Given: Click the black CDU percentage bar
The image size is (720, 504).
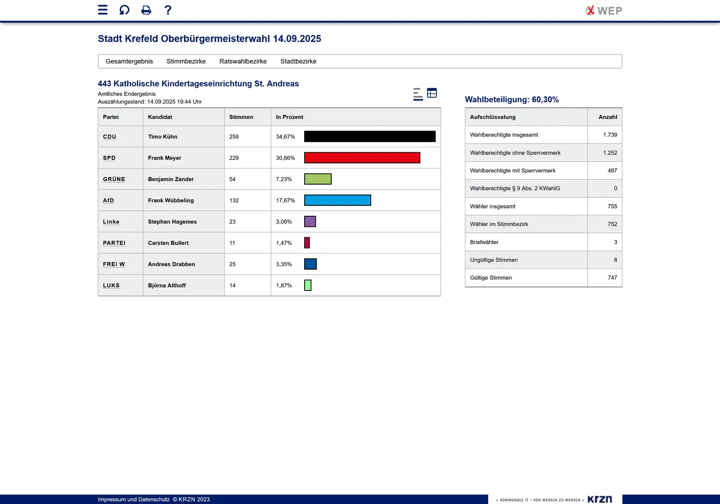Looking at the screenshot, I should click(x=369, y=136).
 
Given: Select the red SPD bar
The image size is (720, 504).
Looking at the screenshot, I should click(x=362, y=158).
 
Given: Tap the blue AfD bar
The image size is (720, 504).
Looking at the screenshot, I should click(x=337, y=200).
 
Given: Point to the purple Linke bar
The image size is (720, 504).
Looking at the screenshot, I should click(x=310, y=222).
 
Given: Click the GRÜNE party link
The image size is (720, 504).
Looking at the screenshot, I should click(x=114, y=179).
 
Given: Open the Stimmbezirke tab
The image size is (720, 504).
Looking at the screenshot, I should click(x=186, y=61).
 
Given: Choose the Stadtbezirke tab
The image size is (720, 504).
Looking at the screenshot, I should click(x=298, y=61).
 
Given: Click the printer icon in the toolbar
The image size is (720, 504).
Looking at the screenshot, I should click(x=146, y=10).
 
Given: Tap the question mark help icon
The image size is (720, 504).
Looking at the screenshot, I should click(x=168, y=10).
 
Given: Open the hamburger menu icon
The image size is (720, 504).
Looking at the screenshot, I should click(x=103, y=10).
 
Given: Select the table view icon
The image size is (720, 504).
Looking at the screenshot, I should click(x=432, y=93).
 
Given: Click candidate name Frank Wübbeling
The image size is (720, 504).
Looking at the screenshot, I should click(x=171, y=200).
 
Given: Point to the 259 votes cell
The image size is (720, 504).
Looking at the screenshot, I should click(x=234, y=136).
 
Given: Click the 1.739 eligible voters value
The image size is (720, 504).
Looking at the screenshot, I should click(x=610, y=135).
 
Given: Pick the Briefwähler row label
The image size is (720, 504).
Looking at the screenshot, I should click(x=484, y=242).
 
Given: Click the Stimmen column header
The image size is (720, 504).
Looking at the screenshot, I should click(x=241, y=117).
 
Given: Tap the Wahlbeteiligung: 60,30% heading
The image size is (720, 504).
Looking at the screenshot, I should click(x=512, y=100).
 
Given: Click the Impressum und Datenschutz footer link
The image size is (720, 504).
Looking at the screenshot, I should click(x=134, y=499).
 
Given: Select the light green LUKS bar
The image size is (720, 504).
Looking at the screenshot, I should click(x=308, y=286).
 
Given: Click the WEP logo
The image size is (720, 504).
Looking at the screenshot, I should click(x=604, y=10).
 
